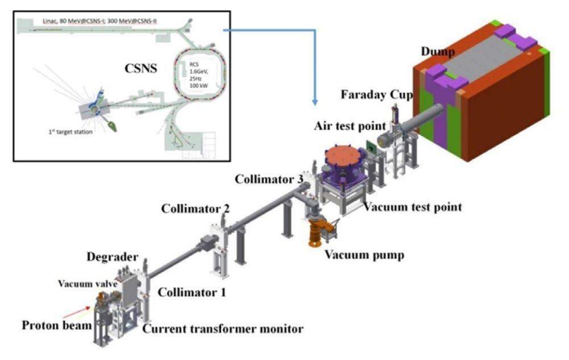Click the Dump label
pyautogui.click(x=438, y=52)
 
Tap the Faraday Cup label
pyautogui.click(x=377, y=95)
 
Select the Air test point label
pyautogui.click(x=350, y=126)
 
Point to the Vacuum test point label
pyautogui.click(x=413, y=207)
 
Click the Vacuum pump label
pyautogui.click(x=364, y=255)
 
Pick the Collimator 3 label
pyautogui.click(x=269, y=179)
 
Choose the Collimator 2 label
pyautogui.click(x=196, y=209)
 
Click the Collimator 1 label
pyautogui.click(x=192, y=292)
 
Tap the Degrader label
pyautogui.click(x=113, y=257)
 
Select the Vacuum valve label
pyautogui.click(x=88, y=283)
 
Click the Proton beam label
pyautogui.click(x=57, y=325)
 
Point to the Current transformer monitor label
pyautogui.click(x=223, y=329)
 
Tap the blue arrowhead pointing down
pyautogui.click(x=315, y=102)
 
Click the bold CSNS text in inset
pyautogui.click(x=141, y=69)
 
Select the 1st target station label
pyautogui.click(x=70, y=132)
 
